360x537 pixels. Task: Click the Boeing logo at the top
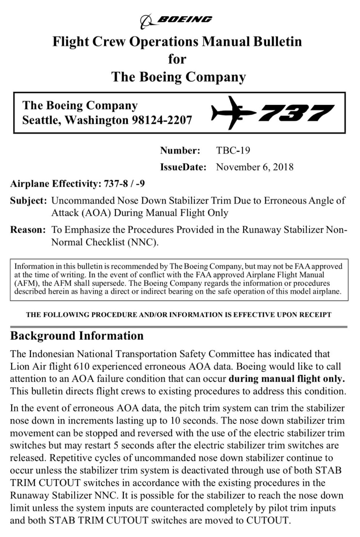(x=176, y=21)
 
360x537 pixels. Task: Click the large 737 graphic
(x=296, y=113)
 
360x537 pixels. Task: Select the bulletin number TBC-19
(x=233, y=150)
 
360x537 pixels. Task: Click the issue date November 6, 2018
(x=255, y=167)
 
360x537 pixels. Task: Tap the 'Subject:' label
(x=28, y=201)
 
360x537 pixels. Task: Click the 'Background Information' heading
(x=77, y=336)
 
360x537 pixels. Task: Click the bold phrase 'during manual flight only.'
(x=287, y=379)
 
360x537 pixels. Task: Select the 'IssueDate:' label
(x=183, y=167)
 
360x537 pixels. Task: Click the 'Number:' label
(x=180, y=150)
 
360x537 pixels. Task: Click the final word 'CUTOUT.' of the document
(x=268, y=520)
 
